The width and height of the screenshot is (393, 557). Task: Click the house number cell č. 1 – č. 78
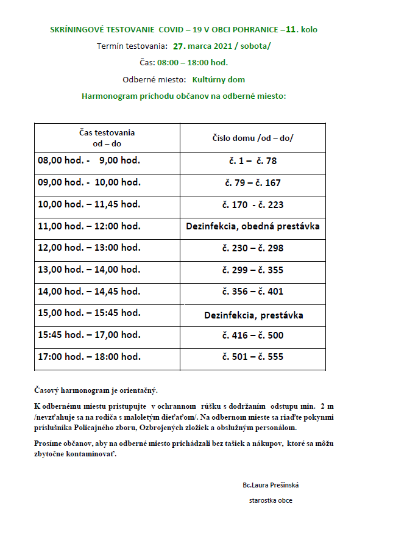click(x=253, y=161)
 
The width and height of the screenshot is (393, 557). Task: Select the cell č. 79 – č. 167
click(x=253, y=183)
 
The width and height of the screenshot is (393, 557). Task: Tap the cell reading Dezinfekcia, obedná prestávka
click(x=253, y=226)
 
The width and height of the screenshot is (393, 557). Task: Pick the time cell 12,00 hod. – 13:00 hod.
click(x=89, y=248)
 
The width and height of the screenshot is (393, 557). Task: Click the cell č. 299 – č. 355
click(x=253, y=270)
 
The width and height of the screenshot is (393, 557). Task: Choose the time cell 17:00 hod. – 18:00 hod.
click(x=89, y=356)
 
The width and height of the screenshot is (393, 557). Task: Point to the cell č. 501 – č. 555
click(x=253, y=356)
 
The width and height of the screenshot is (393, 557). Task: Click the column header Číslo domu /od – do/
click(x=253, y=138)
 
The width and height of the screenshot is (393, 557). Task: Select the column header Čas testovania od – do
click(x=107, y=137)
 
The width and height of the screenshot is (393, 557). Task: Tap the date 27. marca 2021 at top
click(x=208, y=46)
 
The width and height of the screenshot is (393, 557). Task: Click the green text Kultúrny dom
click(x=219, y=79)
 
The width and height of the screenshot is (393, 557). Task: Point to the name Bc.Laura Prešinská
click(x=271, y=485)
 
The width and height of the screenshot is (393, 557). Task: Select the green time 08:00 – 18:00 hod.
click(x=192, y=62)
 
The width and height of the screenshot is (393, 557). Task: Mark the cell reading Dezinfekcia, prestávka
click(x=253, y=315)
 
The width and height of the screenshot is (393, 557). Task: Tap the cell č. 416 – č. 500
click(x=253, y=335)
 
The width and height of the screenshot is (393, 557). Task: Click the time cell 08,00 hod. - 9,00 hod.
click(x=89, y=161)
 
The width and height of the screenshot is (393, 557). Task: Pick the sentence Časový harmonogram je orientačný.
click(x=96, y=390)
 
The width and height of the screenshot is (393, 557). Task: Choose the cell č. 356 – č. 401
click(x=253, y=292)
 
